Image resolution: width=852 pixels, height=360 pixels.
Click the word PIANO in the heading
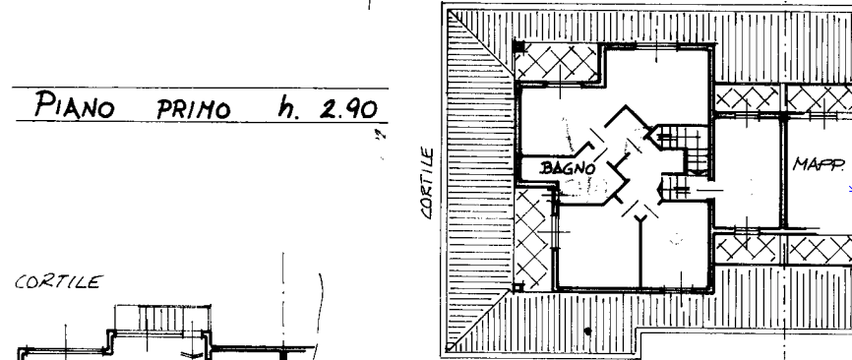[75, 104]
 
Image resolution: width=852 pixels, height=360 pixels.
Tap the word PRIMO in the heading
[194, 109]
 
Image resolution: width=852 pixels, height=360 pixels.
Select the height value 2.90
[347, 109]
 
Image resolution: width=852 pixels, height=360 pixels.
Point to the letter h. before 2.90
[288, 106]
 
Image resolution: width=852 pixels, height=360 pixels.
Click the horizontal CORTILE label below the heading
[58, 282]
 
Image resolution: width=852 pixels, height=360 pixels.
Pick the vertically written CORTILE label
[428, 184]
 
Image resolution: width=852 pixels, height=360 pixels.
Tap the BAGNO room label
[568, 168]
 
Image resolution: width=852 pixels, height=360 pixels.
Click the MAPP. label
[819, 164]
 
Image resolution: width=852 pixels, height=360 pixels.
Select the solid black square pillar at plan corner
[518, 46]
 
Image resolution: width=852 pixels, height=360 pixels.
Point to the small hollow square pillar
[517, 286]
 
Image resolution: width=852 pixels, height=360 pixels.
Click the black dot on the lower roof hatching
[587, 330]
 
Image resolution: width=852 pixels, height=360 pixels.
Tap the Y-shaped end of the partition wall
[640, 218]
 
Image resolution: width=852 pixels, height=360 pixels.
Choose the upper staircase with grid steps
[681, 147]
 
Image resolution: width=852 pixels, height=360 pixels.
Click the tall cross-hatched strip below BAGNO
[532, 238]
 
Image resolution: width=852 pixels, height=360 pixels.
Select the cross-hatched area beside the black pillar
[558, 63]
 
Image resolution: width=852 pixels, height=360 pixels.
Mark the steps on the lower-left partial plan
[162, 318]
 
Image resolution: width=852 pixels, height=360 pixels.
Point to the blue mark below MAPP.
[850, 189]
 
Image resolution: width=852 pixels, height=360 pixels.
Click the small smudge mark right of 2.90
[382, 135]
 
